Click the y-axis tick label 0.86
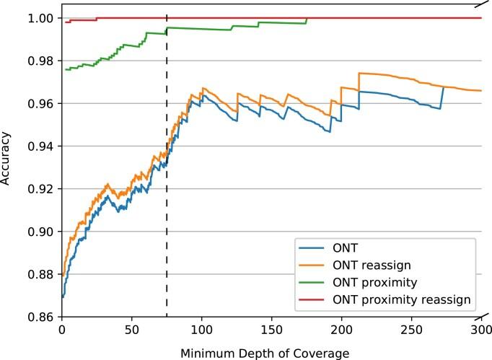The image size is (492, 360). (x=42, y=317)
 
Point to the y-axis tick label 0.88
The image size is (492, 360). (x=42, y=274)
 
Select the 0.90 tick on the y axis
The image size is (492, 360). (x=42, y=232)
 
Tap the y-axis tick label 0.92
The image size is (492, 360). (x=42, y=189)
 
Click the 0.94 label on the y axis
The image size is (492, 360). (x=42, y=146)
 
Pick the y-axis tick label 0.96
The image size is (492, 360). (x=42, y=103)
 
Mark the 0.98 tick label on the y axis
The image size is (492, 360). (x=42, y=61)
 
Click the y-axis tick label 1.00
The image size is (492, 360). (x=42, y=18)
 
